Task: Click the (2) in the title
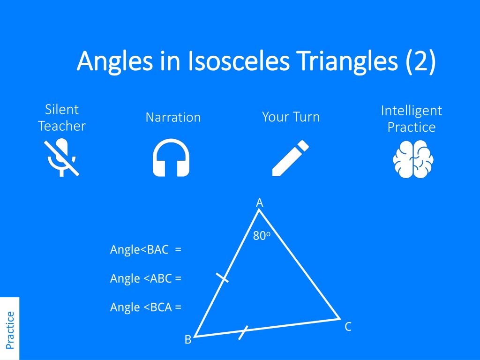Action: point(421,61)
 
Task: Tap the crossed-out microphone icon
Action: point(61,157)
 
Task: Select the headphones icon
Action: point(171,157)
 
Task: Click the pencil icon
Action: point(291,158)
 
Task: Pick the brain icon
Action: point(413,159)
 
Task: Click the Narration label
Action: point(173,117)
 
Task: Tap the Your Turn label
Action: point(291,117)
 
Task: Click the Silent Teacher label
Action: point(62,118)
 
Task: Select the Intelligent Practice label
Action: point(412,119)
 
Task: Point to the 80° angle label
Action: point(262,236)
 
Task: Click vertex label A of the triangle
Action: point(260,202)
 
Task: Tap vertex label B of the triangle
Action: point(188,339)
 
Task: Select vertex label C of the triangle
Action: point(348,327)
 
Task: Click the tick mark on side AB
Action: point(222,277)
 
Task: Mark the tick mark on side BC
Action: point(243,333)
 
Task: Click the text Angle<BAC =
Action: point(146,250)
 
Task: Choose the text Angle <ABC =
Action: point(146,278)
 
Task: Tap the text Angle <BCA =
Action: point(146,307)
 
